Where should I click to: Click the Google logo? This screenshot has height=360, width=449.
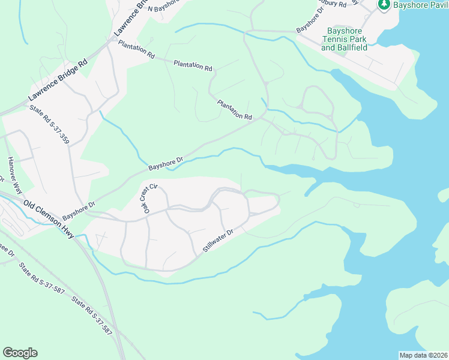tap(20, 353)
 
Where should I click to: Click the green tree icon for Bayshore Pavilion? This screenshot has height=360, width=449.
tap(384, 4)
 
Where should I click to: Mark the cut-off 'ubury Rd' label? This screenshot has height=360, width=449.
tap(334, 4)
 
